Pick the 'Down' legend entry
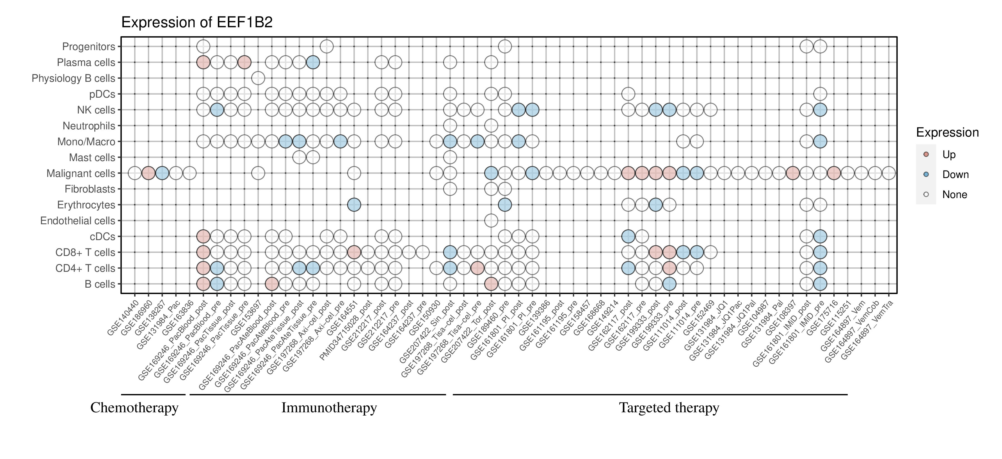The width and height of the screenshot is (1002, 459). click(x=955, y=174)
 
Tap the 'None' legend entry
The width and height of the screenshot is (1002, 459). click(x=954, y=195)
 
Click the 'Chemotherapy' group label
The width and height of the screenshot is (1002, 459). click(x=134, y=408)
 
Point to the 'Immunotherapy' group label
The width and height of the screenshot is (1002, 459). click(x=329, y=408)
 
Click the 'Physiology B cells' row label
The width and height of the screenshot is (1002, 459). click(x=73, y=78)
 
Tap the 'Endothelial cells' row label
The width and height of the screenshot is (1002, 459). click(x=78, y=221)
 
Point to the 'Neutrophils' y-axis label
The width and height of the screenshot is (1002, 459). click(x=89, y=126)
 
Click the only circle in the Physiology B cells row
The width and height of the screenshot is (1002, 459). click(x=258, y=78)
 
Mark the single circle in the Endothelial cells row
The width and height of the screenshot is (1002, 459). click(x=491, y=221)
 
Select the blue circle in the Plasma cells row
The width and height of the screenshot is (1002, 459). click(x=313, y=62)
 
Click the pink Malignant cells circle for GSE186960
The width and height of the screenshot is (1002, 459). click(x=148, y=173)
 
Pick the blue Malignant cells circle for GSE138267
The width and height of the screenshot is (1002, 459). click(x=162, y=173)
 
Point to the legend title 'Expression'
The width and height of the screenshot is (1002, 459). click(x=947, y=132)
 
